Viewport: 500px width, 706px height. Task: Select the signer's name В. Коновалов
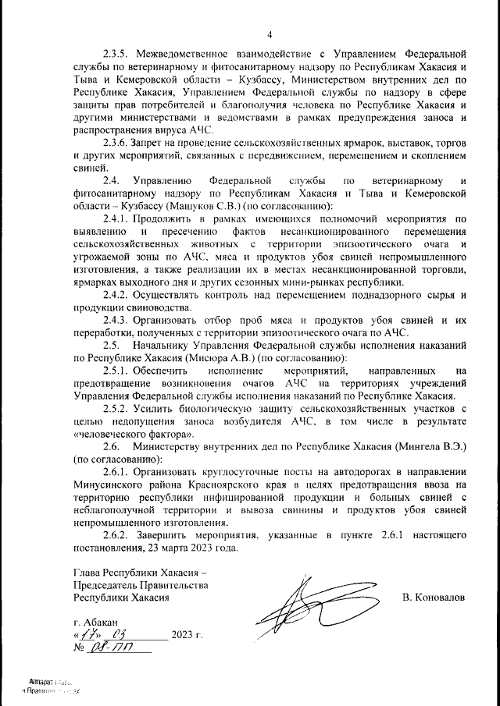click(434, 597)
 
